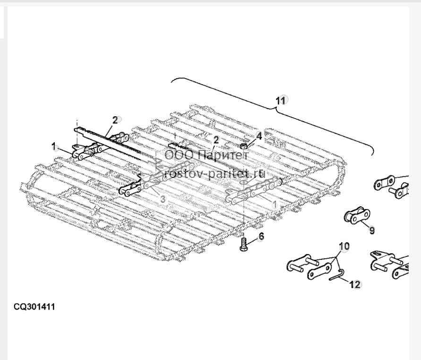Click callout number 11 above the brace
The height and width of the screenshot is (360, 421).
280,101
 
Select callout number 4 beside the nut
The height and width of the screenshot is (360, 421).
259,136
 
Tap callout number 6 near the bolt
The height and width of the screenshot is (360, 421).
261,237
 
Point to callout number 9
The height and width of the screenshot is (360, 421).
372,230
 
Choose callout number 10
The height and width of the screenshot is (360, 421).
344,246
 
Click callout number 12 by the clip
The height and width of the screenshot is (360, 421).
355,284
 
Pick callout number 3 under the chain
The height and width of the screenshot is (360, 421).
163,199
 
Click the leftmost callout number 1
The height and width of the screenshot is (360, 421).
54,147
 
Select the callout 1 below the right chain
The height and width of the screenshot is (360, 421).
274,204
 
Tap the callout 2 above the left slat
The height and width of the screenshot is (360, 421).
115,120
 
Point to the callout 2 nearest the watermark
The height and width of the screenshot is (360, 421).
216,140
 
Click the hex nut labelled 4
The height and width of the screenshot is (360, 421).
243,146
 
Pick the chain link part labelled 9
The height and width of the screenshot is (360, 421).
357,215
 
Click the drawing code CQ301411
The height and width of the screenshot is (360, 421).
34,307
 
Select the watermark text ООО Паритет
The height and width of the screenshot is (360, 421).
206,155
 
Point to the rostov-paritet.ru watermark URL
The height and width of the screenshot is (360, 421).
215,173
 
